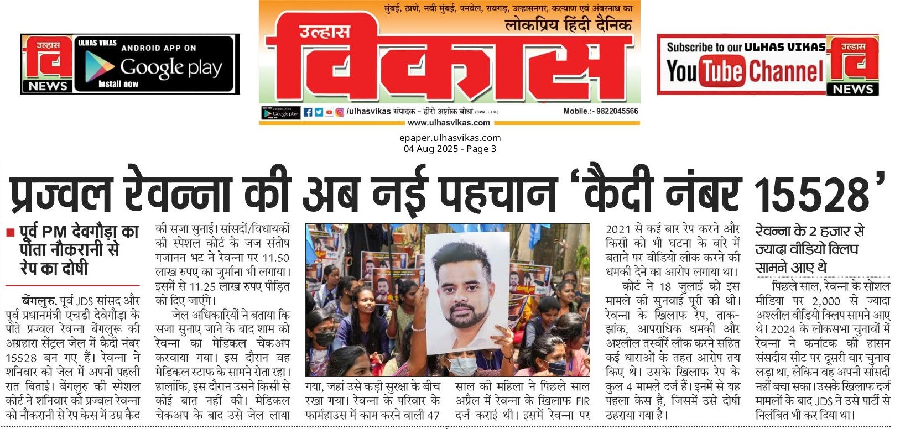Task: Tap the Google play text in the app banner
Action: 171,67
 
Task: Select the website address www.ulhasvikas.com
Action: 449,123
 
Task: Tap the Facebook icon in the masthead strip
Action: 308,112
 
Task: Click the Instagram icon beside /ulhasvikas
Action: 340,112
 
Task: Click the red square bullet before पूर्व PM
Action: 10,233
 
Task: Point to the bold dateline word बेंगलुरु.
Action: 39,301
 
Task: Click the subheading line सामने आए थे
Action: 791,268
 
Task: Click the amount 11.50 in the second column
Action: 275,258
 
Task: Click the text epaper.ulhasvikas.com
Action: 450,138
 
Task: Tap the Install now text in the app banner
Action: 118,84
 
